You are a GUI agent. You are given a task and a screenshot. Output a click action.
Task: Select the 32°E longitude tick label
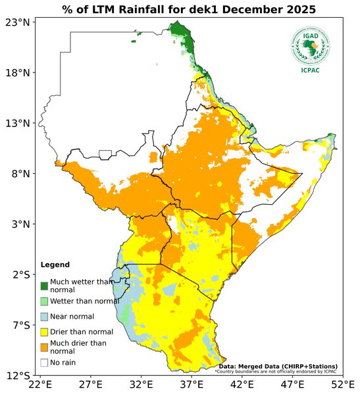[141, 384]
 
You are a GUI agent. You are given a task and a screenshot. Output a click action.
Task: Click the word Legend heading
[55, 265]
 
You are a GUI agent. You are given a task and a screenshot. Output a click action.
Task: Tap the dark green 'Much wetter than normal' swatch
[44, 286]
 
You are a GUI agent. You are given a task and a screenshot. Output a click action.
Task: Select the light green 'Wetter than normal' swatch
[44, 301]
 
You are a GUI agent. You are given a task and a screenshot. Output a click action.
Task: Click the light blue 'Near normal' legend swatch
[44, 316]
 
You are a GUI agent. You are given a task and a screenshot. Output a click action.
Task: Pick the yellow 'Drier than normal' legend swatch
[44, 331]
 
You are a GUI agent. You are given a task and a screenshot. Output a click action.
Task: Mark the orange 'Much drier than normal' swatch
[44, 346]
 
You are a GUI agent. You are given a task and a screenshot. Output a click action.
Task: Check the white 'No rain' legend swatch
[44, 362]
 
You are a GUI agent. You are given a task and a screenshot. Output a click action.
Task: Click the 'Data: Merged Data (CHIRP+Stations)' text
[278, 366]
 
